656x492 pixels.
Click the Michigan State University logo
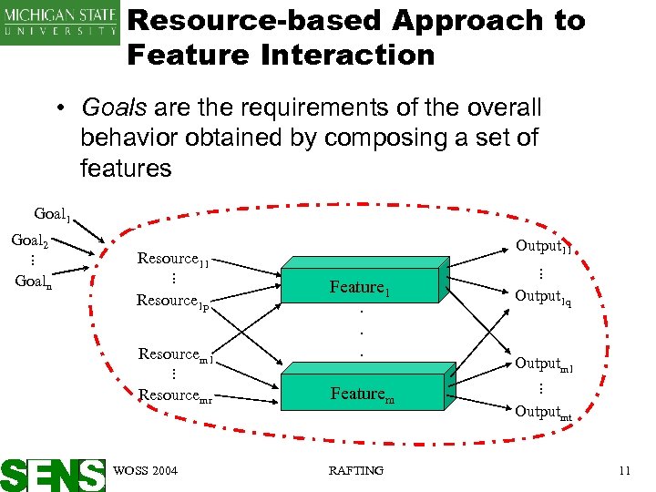click(60, 22)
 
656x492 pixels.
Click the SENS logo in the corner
click(53, 473)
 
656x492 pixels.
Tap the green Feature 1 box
click(360, 288)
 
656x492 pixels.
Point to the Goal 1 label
click(52, 215)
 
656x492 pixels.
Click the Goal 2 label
click(29, 241)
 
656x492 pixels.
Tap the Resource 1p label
click(173, 300)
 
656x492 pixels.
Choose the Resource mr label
click(175, 395)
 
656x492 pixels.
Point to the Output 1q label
click(543, 296)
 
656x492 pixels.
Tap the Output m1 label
click(544, 364)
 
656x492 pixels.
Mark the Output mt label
click(544, 412)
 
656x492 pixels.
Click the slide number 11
click(624, 470)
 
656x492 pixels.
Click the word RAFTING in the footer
click(355, 470)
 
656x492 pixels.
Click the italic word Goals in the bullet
click(114, 108)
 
